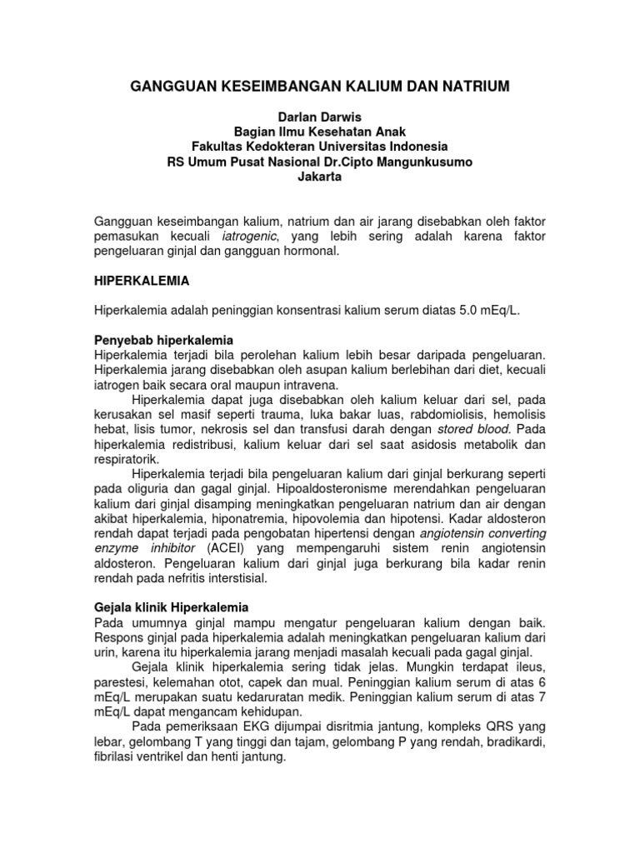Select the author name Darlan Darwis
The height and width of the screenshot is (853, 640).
320,118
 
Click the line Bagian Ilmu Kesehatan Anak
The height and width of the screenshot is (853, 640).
320,132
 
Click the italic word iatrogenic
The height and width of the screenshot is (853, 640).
242,237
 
